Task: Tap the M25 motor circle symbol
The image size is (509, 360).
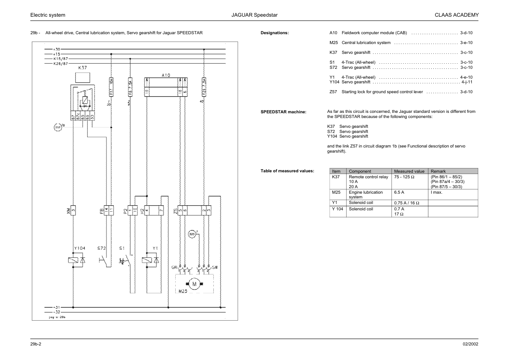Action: [x=194, y=284]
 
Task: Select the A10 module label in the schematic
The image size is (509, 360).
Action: [x=166, y=75]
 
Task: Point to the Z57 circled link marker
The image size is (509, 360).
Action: [x=58, y=127]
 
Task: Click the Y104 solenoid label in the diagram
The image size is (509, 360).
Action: [x=79, y=248]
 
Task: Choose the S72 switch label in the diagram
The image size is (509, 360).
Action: [x=101, y=248]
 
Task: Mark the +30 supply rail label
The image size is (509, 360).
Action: [x=57, y=49]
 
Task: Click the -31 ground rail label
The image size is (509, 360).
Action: [x=57, y=307]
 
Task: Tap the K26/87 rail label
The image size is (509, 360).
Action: [x=60, y=63]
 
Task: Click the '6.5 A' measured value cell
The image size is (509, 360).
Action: [x=399, y=192]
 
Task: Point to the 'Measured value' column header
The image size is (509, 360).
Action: [x=409, y=171]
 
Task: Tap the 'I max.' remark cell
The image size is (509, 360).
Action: [x=436, y=192]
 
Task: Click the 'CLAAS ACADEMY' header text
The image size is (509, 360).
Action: [x=456, y=15]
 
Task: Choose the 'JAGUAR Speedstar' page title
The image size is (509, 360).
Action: [x=255, y=15]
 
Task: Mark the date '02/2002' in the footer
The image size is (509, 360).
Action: [x=470, y=344]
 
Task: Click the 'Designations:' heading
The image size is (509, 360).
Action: [x=274, y=33]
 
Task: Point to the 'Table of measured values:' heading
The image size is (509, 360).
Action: [x=287, y=171]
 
